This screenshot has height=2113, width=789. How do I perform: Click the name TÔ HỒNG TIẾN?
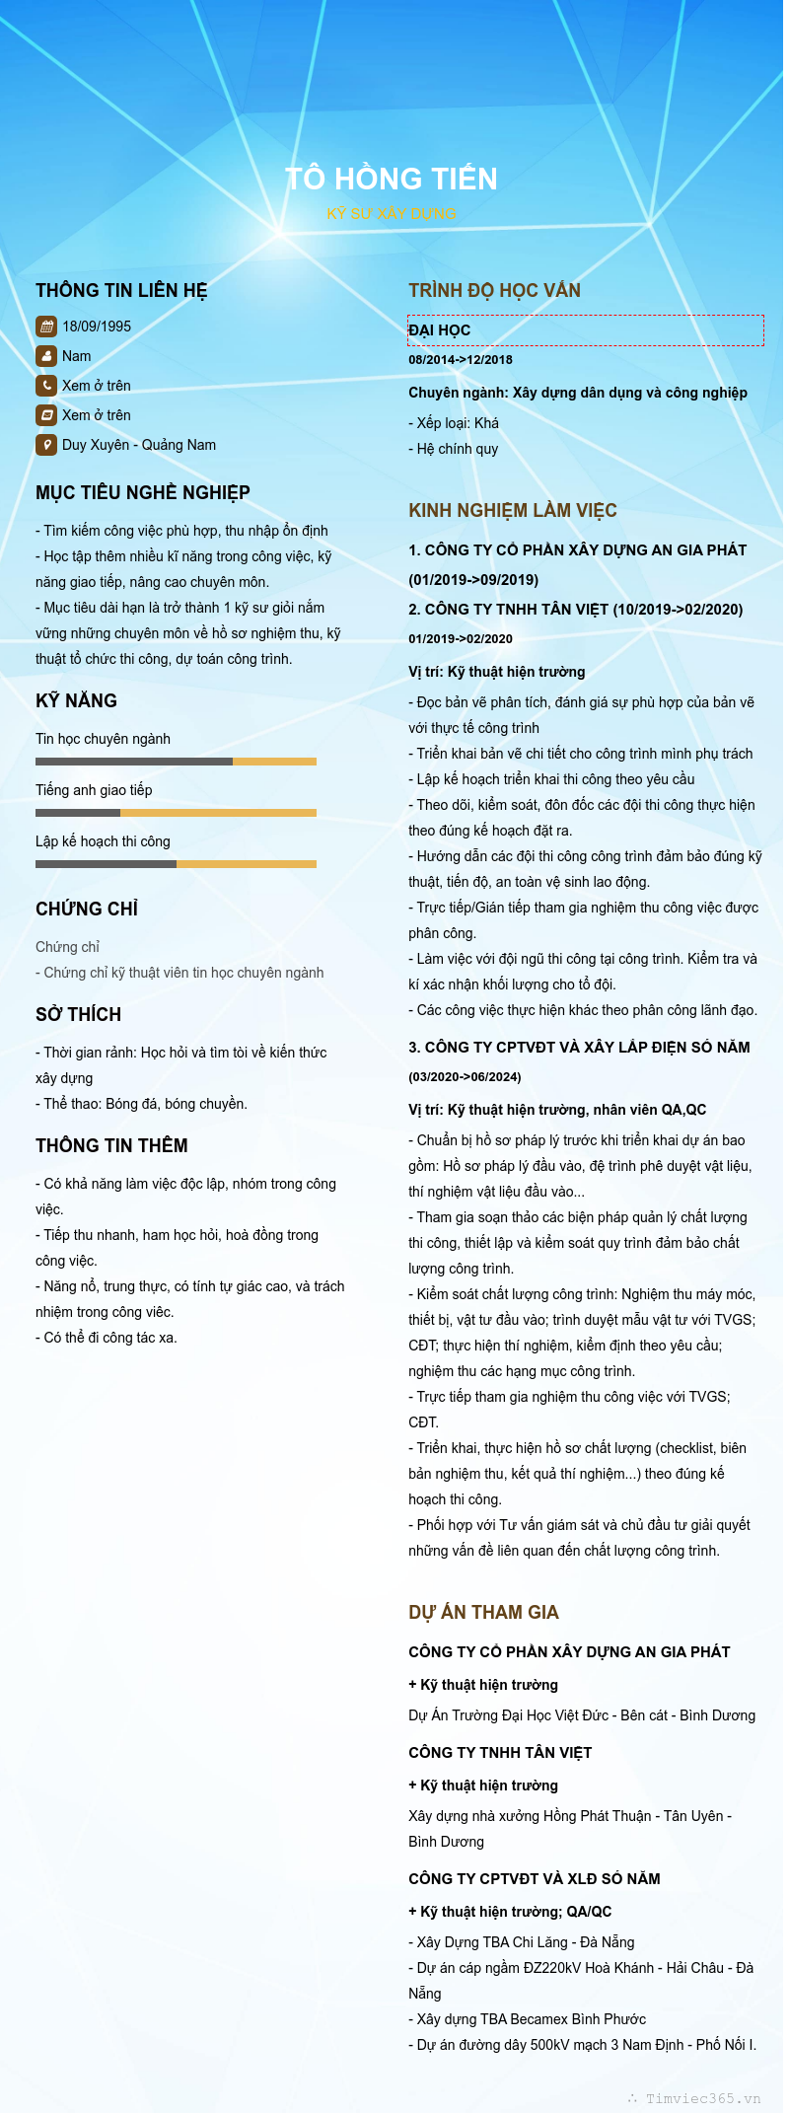[392, 179]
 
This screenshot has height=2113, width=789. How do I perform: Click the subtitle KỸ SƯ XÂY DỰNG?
[392, 213]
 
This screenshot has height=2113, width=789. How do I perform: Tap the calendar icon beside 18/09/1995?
[46, 327]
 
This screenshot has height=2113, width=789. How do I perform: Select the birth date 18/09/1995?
[97, 327]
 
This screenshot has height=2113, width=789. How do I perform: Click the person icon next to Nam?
[46, 356]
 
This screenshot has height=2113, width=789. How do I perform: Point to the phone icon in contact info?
[46, 386]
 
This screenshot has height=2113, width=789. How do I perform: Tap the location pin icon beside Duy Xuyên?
[46, 445]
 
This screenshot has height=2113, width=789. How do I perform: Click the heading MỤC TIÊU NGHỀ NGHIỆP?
[143, 492]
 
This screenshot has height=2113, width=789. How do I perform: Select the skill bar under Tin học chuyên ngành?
[176, 762]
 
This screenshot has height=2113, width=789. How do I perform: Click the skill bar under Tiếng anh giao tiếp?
[176, 813]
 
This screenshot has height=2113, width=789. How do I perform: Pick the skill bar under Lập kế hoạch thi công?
[176, 864]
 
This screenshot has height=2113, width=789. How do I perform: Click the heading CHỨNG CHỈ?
[87, 909]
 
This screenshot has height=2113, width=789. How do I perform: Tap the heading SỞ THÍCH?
[79, 1014]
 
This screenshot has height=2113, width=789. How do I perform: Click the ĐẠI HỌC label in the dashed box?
[440, 330]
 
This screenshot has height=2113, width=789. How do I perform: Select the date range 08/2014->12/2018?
[461, 360]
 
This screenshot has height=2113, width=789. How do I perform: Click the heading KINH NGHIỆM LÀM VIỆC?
[513, 510]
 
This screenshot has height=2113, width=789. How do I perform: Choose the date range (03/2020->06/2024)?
[465, 1077]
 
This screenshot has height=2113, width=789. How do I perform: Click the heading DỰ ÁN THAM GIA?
[483, 1612]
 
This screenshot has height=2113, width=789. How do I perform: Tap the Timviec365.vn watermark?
[702, 2098]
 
